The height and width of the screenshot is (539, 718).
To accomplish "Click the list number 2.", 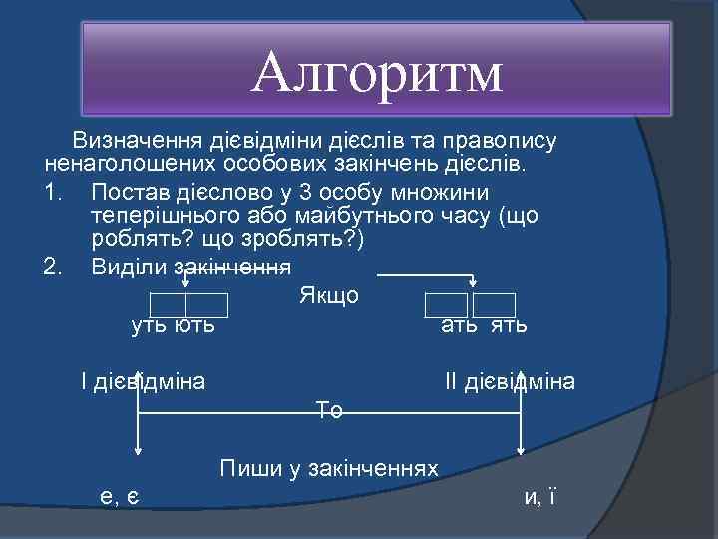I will [54, 267].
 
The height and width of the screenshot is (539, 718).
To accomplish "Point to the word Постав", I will [127, 190].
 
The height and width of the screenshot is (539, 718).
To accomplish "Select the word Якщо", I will [328, 296].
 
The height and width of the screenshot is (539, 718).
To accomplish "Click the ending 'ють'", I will [194, 325].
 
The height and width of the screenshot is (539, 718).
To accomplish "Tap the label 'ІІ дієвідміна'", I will [510, 381].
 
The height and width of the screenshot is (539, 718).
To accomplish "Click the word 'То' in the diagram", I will [329, 409].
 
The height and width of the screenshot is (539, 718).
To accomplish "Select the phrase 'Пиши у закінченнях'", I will [329, 468].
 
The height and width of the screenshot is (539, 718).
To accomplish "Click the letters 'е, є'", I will [120, 496].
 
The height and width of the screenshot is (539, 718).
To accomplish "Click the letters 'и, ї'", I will [539, 496].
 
